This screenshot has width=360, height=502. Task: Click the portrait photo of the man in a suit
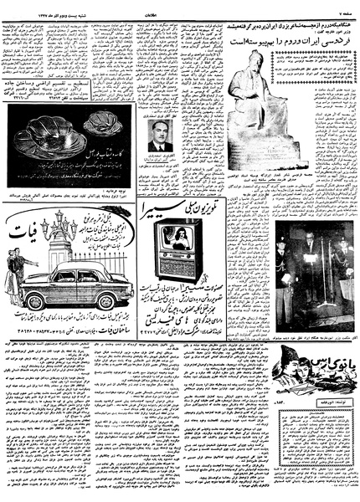click(160, 134)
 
